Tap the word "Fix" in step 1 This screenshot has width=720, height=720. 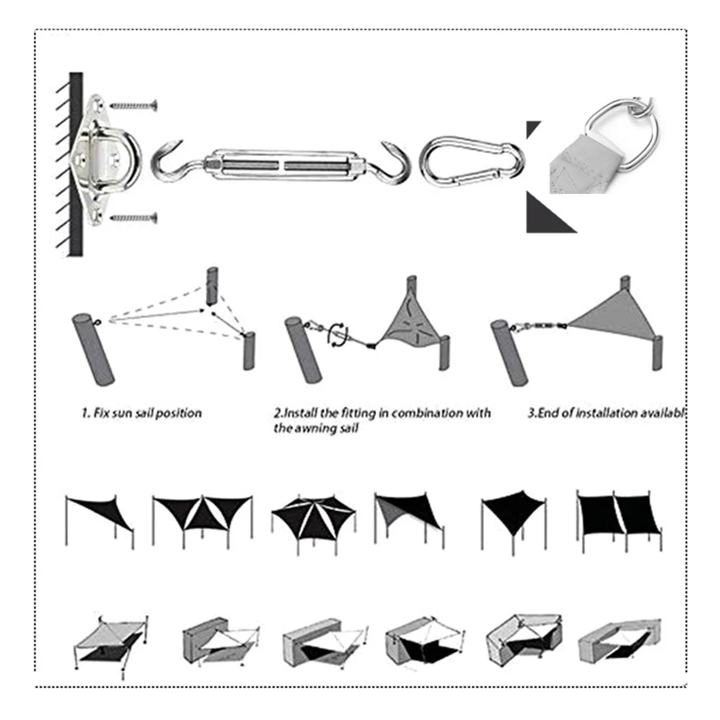pos(100,414)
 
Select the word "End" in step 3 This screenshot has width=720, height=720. pos(551,414)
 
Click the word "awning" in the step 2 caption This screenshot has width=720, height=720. pos(311,429)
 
